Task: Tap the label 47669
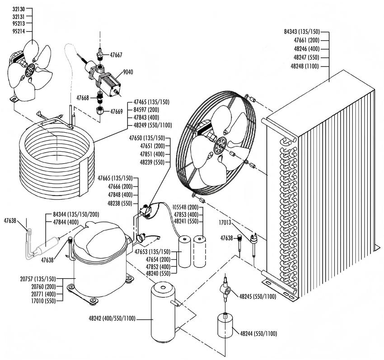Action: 116,111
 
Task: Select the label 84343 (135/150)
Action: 302,32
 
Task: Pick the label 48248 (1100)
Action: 306,66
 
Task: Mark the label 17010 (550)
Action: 44,300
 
